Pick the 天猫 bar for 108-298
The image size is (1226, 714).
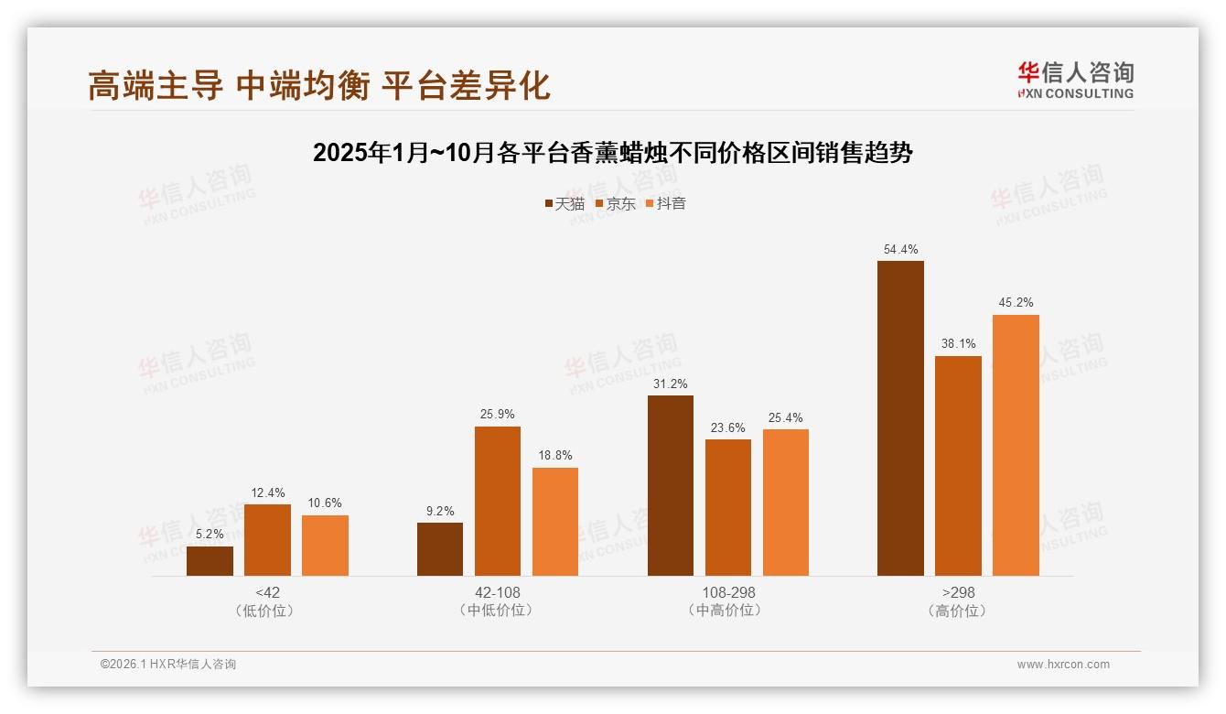point(670,485)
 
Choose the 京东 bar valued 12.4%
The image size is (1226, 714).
point(267,540)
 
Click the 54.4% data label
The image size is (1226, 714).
point(900,250)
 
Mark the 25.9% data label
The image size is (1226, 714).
point(497,415)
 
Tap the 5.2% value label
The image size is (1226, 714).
point(210,535)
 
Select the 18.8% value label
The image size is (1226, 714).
point(554,456)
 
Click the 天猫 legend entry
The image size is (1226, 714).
point(565,203)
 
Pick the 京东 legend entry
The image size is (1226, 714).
point(616,203)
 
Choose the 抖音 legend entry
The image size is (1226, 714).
point(666,203)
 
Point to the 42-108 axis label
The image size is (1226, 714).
point(497,592)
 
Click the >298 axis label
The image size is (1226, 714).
point(957,592)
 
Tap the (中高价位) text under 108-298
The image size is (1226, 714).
point(727,610)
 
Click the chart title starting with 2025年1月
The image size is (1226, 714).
point(612,153)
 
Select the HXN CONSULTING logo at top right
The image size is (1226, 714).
point(1075,80)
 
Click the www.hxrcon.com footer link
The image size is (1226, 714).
point(1063,665)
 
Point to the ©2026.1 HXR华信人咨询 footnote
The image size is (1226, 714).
point(168,665)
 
